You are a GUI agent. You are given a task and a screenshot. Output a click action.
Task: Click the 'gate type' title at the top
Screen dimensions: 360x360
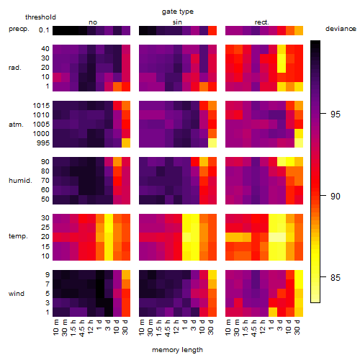(178, 12)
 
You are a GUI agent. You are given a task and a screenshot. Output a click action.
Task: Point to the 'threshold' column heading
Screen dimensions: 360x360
(40, 17)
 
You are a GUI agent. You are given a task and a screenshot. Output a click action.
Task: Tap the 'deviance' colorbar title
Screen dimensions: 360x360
(341, 29)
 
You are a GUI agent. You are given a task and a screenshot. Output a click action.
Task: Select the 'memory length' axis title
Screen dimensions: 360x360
(177, 350)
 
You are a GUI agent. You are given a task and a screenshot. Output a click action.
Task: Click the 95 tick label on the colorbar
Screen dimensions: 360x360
(336, 114)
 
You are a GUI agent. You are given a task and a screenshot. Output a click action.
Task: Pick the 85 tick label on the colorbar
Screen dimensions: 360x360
(336, 278)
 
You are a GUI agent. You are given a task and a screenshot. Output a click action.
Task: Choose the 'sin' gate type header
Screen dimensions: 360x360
(177, 22)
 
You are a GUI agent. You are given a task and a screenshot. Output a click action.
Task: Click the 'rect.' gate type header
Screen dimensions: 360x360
(261, 22)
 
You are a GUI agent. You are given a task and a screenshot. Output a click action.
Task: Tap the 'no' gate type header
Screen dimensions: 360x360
(93, 22)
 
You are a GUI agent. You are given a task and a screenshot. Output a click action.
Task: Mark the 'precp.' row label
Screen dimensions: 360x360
(19, 29)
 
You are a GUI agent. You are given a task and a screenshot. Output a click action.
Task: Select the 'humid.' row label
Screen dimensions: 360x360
(20, 180)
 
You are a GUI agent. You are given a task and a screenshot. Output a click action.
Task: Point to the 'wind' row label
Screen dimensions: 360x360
(17, 294)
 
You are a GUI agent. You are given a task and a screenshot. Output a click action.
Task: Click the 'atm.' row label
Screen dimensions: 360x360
(16, 125)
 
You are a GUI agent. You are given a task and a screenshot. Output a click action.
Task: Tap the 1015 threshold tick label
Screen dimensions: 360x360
(41, 106)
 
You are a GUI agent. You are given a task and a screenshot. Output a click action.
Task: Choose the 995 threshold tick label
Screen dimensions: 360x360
(43, 143)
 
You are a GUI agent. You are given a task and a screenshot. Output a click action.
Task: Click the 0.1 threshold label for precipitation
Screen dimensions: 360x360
(44, 30)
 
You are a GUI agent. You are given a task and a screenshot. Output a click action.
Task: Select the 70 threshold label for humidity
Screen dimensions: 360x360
(45, 181)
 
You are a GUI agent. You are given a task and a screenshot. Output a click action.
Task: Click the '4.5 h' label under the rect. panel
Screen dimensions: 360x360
(253, 328)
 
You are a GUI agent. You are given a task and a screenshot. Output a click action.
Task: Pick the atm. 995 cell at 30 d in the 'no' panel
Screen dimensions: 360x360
(126, 143)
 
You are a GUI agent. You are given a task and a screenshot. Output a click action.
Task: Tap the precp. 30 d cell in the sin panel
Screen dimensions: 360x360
(212, 30)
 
